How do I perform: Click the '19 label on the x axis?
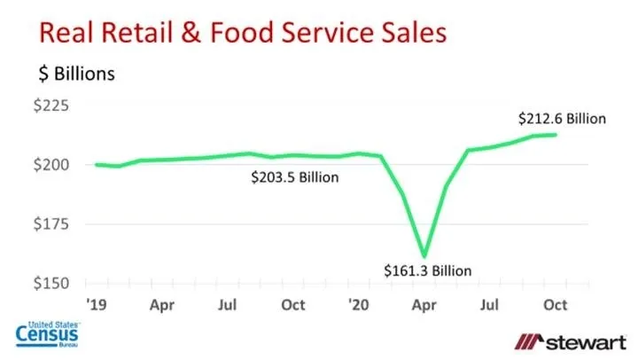point(96,304)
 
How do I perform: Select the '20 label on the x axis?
point(359,304)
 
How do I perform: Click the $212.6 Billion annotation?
point(562,118)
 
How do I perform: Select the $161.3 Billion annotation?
point(428,270)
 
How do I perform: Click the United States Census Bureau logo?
point(49,333)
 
